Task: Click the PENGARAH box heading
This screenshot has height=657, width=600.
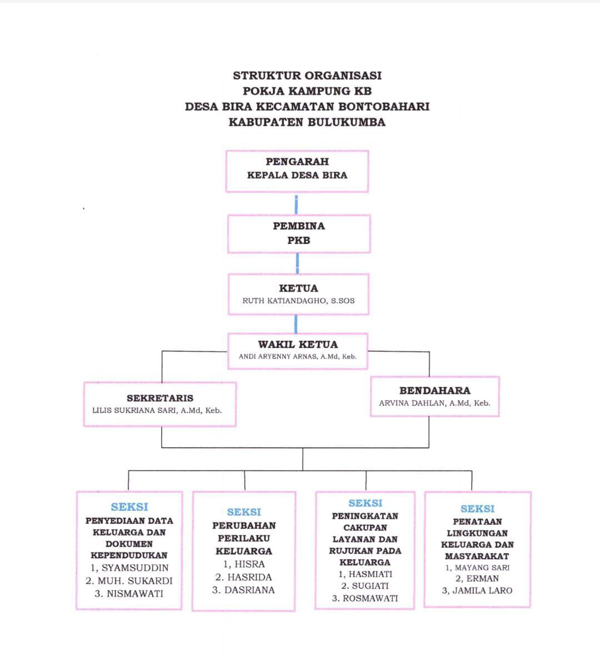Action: (x=297, y=162)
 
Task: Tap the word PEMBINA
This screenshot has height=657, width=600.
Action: (x=298, y=226)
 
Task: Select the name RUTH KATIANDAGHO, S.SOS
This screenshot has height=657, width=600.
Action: (x=298, y=301)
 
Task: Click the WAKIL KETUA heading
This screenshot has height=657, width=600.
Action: (x=298, y=344)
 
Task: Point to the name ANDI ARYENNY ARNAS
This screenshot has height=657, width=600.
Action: (x=278, y=357)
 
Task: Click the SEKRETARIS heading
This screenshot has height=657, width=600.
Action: (x=160, y=398)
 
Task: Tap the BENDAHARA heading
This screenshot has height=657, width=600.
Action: (x=434, y=390)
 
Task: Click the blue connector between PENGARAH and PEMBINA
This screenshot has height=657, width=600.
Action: (x=296, y=204)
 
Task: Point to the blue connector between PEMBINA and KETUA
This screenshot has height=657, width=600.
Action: (x=298, y=263)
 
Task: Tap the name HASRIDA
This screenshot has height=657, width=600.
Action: (x=249, y=578)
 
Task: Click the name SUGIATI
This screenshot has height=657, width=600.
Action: (x=371, y=586)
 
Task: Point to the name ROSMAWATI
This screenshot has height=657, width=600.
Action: (x=371, y=599)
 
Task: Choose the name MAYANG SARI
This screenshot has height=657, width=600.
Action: (x=482, y=568)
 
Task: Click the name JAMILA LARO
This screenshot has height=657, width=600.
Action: (x=482, y=591)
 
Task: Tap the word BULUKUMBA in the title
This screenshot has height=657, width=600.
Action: (x=346, y=122)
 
